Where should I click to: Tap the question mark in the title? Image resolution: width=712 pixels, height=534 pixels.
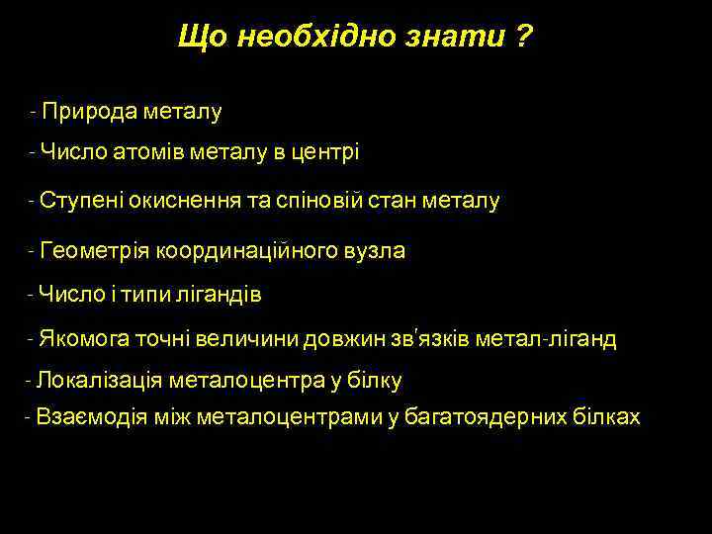[x=521, y=38]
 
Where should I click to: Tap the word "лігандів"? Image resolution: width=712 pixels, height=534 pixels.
[x=223, y=294]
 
